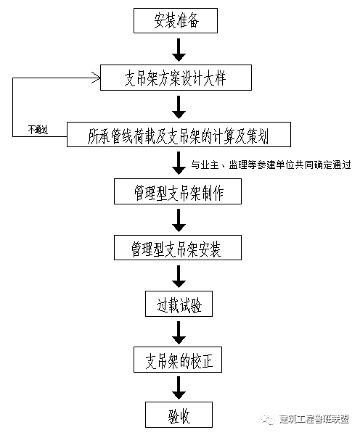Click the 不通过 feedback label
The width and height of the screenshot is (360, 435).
click(38, 129)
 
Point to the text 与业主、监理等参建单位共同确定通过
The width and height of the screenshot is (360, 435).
click(271, 165)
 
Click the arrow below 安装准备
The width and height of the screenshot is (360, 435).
click(179, 50)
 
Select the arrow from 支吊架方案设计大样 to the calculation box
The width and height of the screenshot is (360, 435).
click(179, 107)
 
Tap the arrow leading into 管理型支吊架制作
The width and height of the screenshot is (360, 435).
click(179, 163)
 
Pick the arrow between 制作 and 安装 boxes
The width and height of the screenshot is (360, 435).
click(179, 220)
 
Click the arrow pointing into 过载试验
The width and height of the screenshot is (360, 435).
click(179, 276)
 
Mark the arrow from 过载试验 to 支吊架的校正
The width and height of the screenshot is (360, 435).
click(179, 333)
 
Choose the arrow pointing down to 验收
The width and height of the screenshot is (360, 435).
click(179, 388)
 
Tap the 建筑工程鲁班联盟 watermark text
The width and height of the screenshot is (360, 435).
click(314, 419)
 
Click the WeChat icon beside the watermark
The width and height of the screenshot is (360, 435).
click(267, 419)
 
